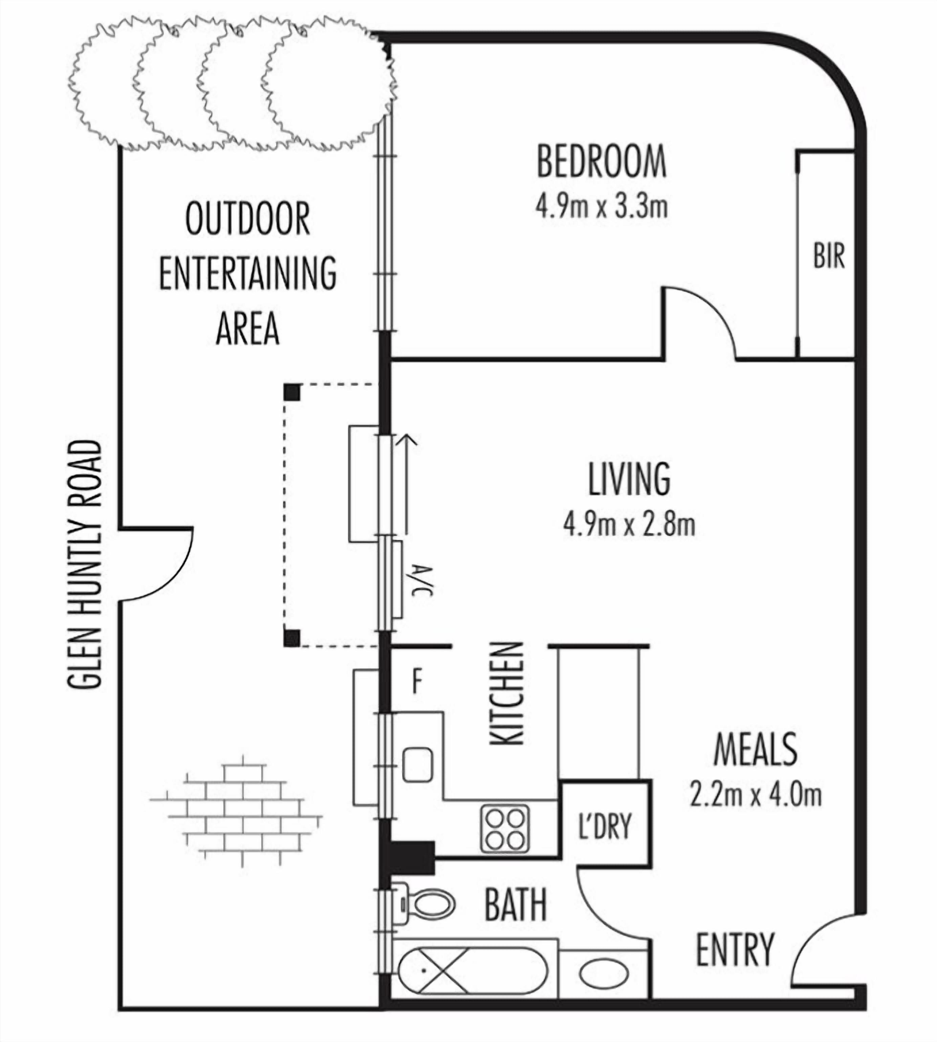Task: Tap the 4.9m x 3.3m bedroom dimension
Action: [601, 207]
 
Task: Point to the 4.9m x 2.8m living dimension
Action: [629, 525]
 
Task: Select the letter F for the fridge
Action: [417, 682]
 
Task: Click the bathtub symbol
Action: [472, 971]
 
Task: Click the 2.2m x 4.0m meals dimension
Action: [755, 795]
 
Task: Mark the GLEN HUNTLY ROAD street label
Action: [85, 565]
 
